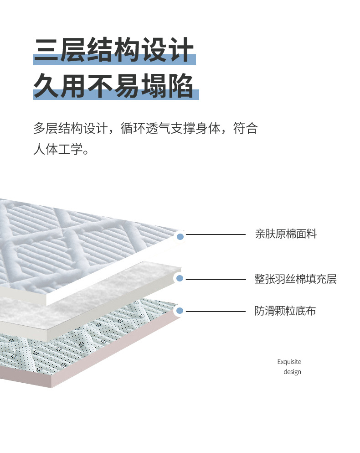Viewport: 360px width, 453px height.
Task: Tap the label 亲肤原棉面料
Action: (286, 234)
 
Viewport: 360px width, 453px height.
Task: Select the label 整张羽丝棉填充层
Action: (295, 279)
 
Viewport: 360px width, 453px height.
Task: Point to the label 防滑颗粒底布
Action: (285, 311)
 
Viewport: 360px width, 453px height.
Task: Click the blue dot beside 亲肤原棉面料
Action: (180, 236)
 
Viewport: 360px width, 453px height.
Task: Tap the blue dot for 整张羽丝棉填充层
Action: (180, 278)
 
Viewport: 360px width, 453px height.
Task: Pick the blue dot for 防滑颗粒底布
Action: (180, 311)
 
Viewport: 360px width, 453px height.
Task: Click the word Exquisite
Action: (289, 362)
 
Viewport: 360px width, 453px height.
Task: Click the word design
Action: (292, 372)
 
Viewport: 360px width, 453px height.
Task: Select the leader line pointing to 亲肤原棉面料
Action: (216, 234)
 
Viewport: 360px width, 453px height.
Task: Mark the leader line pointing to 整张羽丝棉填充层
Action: (216, 279)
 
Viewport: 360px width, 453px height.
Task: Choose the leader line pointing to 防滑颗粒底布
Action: (216, 312)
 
